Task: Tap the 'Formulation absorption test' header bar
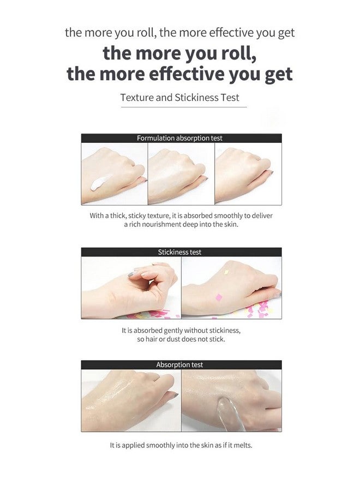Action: (181, 138)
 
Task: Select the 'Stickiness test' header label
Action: (179, 252)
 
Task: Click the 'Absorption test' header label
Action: (179, 365)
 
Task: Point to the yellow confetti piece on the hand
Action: (226, 272)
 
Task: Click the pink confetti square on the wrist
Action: (219, 297)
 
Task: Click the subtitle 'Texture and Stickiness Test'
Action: (179, 98)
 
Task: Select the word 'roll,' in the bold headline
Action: (239, 53)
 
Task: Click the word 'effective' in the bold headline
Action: (185, 74)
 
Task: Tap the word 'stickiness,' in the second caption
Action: (225, 331)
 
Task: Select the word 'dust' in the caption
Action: (173, 339)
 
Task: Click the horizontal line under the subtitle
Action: (184, 107)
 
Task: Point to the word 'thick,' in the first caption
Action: (118, 215)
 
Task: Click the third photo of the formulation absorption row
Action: (248, 174)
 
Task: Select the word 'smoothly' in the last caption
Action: (160, 445)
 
